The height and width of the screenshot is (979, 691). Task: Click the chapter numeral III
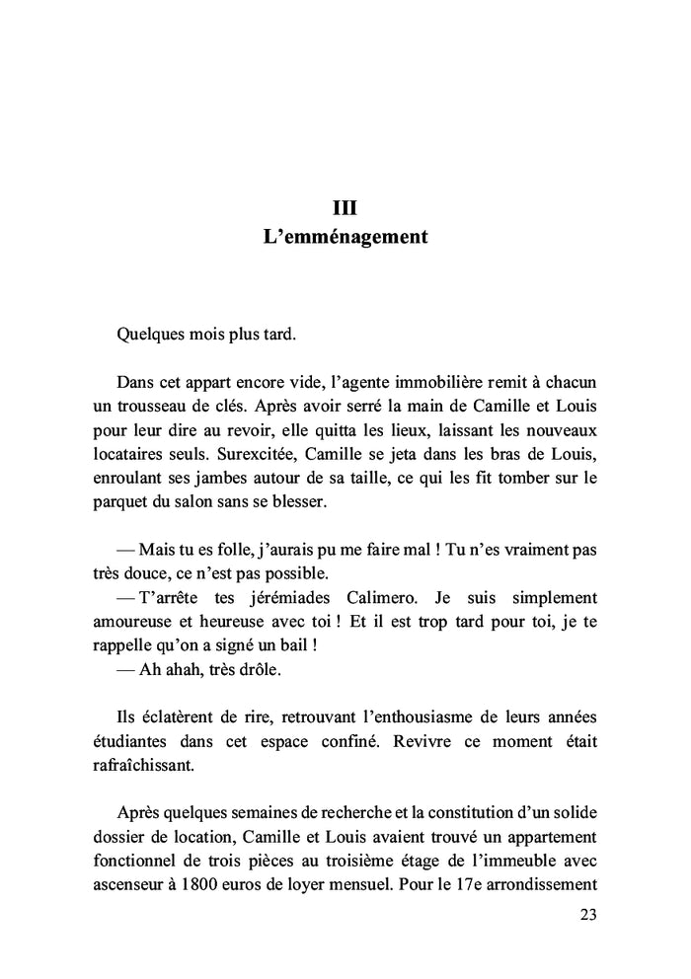click(345, 207)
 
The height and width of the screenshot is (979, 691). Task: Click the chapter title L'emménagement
click(345, 238)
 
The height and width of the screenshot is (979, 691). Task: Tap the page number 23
click(587, 915)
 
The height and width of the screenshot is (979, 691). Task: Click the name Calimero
click(393, 598)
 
